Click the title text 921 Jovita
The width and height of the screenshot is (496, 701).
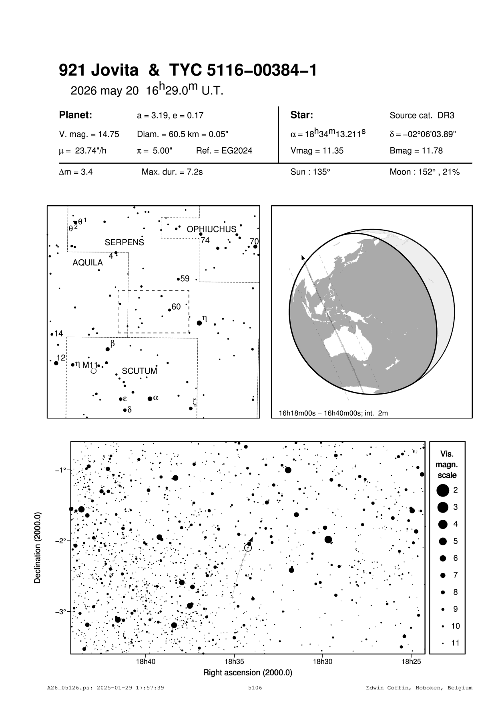(98, 71)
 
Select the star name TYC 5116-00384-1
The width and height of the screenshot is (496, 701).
(243, 71)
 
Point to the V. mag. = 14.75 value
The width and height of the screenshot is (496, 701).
(89, 134)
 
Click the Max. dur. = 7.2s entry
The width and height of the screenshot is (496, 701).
(172, 172)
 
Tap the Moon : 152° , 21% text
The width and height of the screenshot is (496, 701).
(424, 172)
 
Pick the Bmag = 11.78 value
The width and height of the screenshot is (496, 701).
(416, 151)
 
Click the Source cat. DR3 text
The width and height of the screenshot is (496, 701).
(422, 116)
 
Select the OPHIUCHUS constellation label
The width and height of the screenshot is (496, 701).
(211, 229)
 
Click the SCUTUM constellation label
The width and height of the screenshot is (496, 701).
(139, 371)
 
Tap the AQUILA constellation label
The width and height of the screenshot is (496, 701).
(87, 263)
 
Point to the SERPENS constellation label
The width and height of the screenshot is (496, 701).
(124, 242)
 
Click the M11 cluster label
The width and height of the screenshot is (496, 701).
(90, 365)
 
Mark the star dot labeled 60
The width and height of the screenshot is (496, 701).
(170, 310)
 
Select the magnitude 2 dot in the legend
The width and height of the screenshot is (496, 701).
(443, 490)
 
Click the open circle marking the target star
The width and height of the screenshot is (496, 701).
(248, 547)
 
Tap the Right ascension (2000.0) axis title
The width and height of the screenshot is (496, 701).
(248, 673)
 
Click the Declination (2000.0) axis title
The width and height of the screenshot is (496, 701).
(38, 547)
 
